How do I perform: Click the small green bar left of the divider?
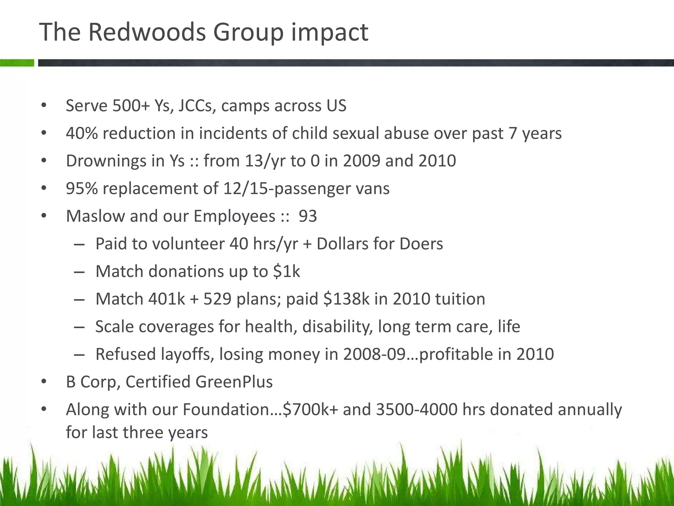coord(17,63)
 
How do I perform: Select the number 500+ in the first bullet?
coord(131,106)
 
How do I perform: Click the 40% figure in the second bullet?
coord(82,133)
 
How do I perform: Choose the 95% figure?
coord(82,189)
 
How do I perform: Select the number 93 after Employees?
coord(308,216)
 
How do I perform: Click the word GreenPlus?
coord(234,382)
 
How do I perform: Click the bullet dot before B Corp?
coord(44,382)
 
